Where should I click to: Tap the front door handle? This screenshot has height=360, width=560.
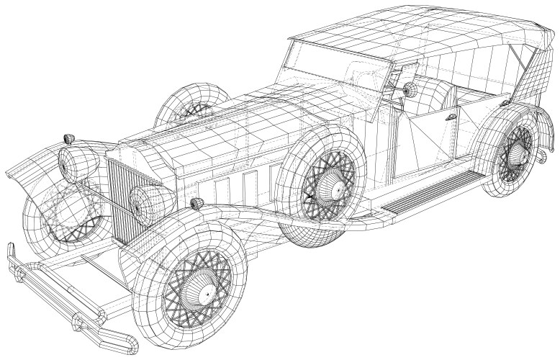point(451,116)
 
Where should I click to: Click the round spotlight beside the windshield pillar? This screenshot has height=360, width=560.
point(410,91)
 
